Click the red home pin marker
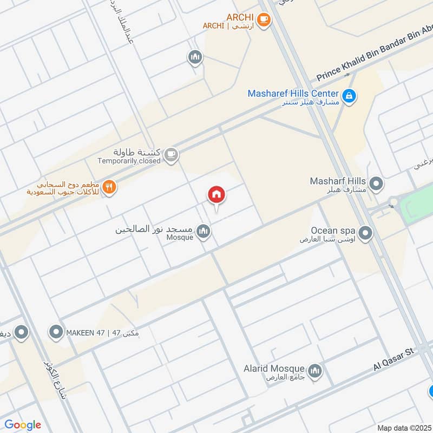click(216, 195)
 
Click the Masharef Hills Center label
click(293, 94)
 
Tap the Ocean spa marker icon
click(365, 234)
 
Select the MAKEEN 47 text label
click(102, 332)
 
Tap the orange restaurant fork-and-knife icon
click(109, 187)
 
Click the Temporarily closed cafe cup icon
click(171, 155)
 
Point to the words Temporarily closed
click(129, 161)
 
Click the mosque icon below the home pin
click(203, 232)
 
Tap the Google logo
click(23, 425)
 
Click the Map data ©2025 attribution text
click(403, 428)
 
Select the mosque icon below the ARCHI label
click(194, 56)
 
